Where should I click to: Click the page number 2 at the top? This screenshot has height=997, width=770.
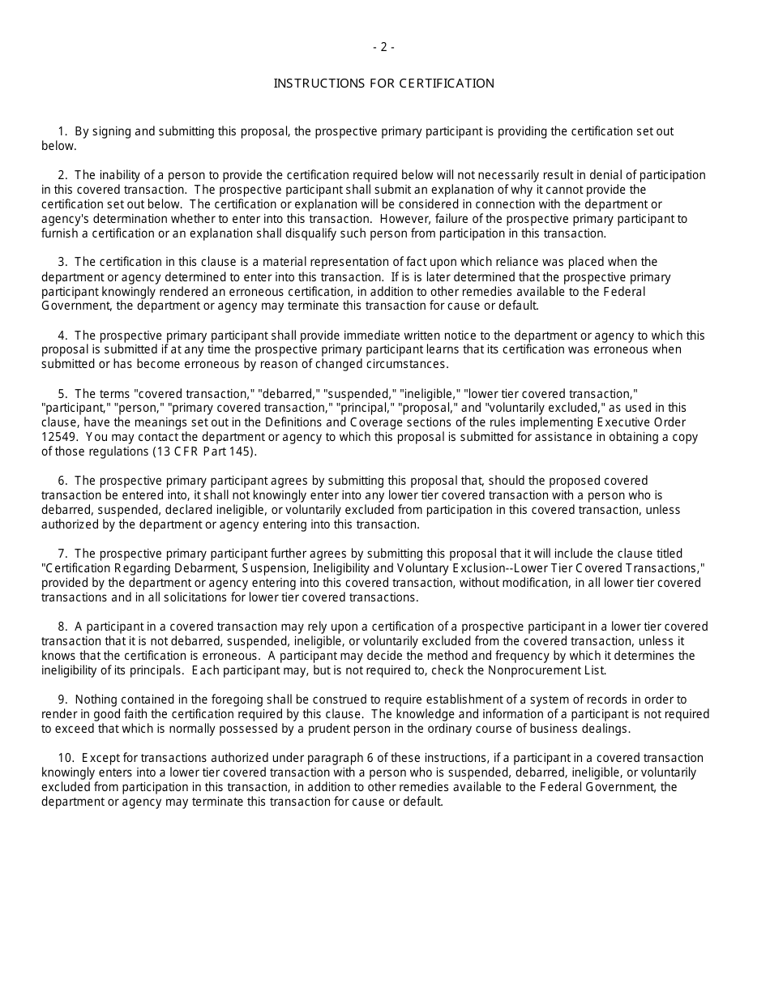pos(383,47)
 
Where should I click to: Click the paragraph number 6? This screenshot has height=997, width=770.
pos(62,481)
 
